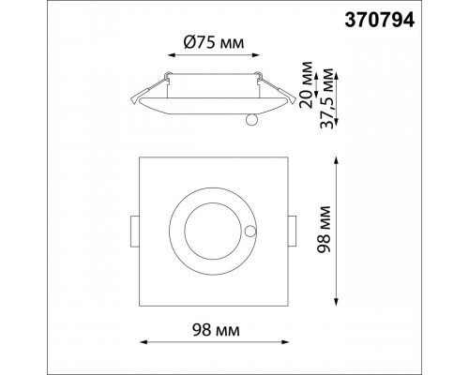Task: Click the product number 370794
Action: [380, 21]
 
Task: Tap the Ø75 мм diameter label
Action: [214, 42]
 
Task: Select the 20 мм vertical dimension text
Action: [306, 85]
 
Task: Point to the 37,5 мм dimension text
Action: [327, 97]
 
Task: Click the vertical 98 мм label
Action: [323, 230]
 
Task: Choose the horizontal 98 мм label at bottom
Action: [216, 330]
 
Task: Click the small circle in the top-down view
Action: [250, 232]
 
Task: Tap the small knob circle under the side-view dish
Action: [251, 120]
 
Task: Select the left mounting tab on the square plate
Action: [135, 232]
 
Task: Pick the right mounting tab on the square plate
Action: [293, 232]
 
